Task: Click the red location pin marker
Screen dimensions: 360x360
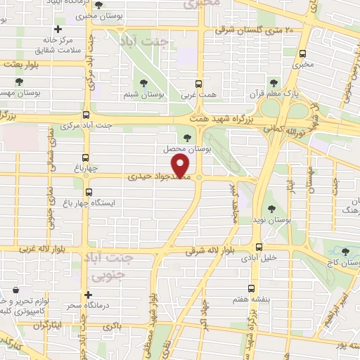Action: [x=181, y=167]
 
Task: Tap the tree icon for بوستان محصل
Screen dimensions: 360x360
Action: [x=186, y=138]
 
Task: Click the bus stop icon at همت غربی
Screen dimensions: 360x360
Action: [x=198, y=83]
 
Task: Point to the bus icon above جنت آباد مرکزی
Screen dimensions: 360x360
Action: [x=86, y=115]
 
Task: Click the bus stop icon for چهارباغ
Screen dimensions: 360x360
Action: [x=86, y=157]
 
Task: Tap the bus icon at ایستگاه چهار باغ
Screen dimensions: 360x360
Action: [x=88, y=191]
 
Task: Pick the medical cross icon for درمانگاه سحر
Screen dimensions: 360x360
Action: [x=87, y=295]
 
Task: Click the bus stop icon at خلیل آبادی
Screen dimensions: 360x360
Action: [x=259, y=247]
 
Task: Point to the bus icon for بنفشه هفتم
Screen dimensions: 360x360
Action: [x=252, y=288]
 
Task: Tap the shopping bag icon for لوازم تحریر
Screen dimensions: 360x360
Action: [x=15, y=289]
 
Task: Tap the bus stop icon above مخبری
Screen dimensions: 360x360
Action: [x=303, y=53]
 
